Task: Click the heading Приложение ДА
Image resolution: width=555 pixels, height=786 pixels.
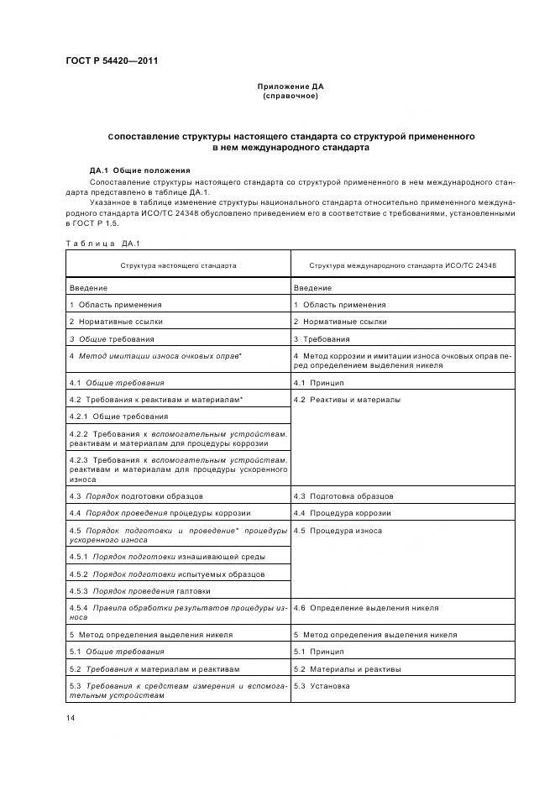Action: (x=290, y=86)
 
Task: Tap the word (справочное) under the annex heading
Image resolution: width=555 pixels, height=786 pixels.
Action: (x=290, y=96)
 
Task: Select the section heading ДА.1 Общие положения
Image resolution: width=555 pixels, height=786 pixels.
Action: (x=139, y=170)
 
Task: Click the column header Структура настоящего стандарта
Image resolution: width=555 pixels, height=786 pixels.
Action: (x=177, y=265)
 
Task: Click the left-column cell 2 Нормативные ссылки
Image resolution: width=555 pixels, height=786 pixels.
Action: (x=116, y=322)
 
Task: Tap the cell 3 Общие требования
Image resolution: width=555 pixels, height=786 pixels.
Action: (x=112, y=338)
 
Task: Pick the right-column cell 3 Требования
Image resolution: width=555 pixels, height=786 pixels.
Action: (x=330, y=338)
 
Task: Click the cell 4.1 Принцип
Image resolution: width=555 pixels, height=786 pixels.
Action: (x=319, y=383)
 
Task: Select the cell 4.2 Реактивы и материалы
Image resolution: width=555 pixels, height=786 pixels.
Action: (x=347, y=400)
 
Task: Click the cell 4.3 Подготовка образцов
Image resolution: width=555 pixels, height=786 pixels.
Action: (x=343, y=496)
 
